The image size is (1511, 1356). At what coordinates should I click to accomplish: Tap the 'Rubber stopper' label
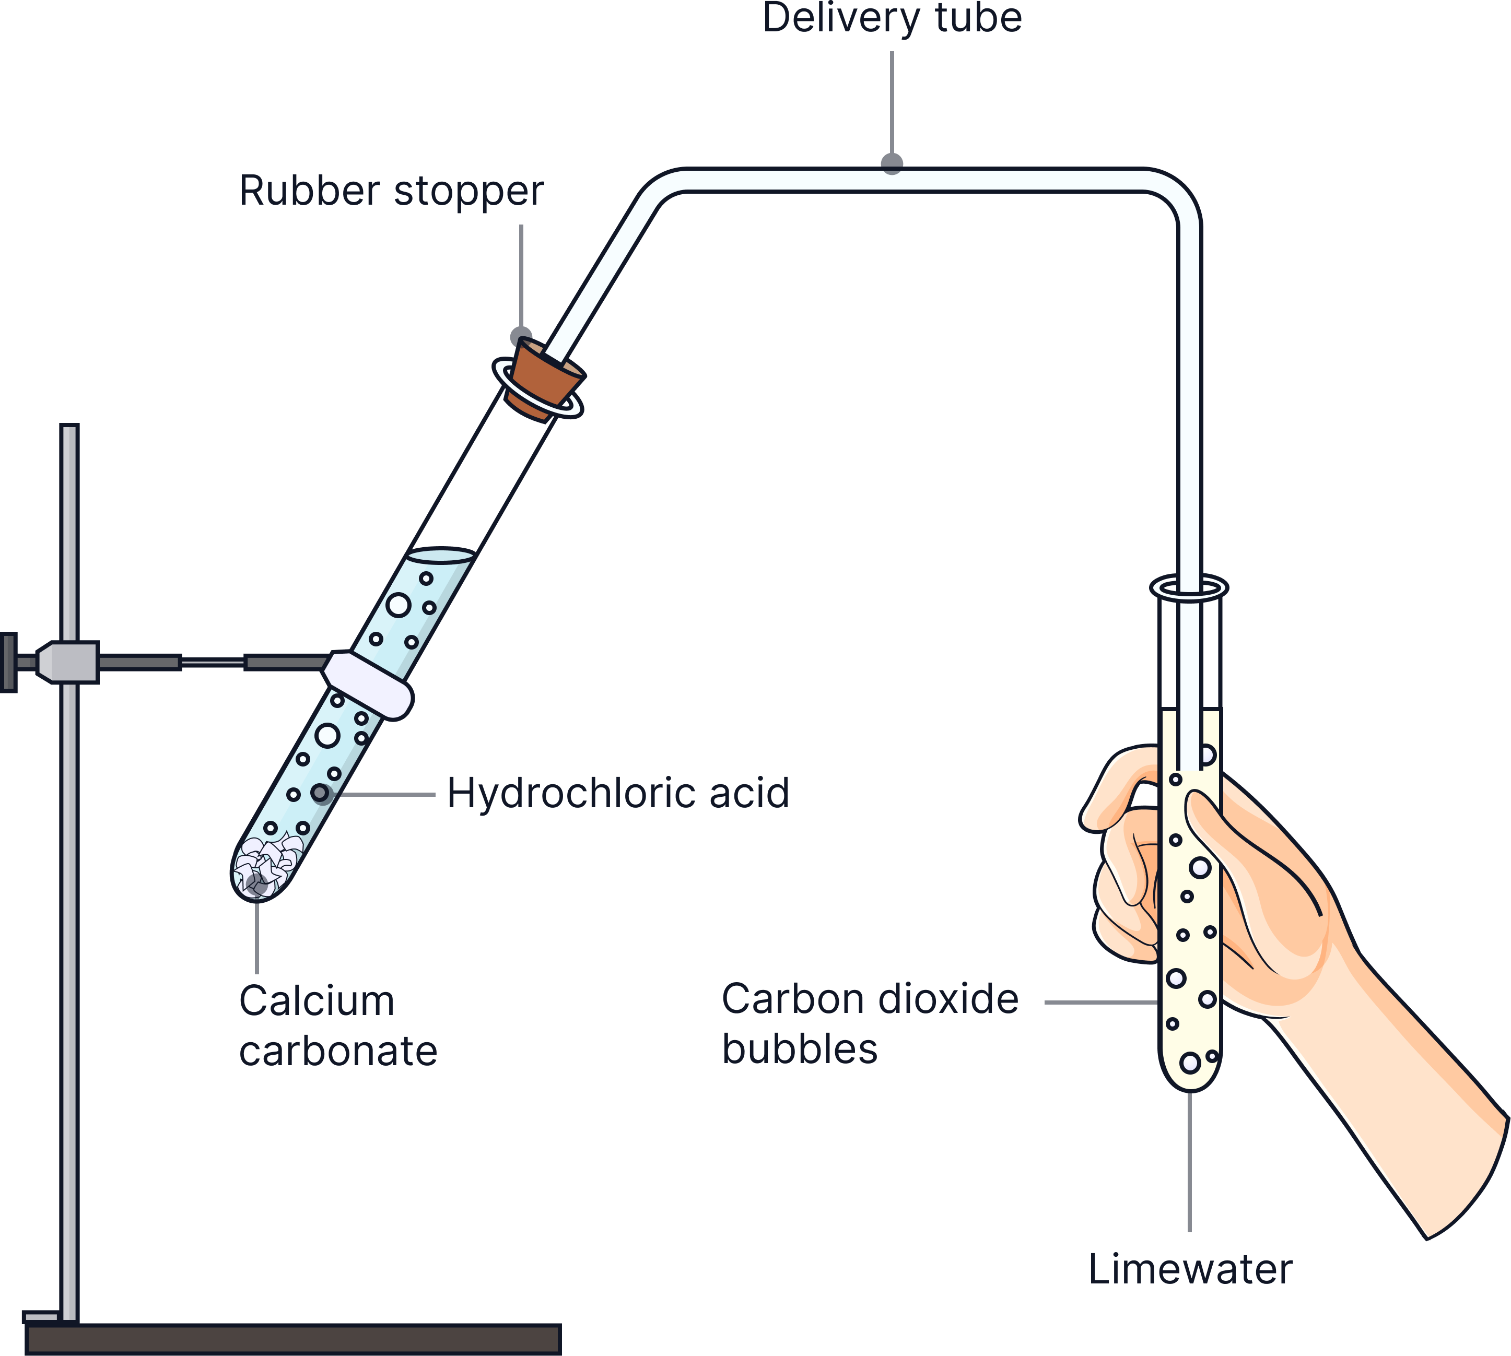[391, 192]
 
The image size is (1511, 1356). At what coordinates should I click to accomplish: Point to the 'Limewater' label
[1190, 1269]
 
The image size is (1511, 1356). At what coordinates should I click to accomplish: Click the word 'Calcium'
[316, 1000]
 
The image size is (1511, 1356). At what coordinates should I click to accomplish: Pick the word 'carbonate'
[338, 1051]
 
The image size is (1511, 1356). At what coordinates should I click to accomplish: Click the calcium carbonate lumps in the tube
[266, 864]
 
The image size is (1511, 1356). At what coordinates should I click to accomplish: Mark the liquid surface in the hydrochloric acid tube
[441, 553]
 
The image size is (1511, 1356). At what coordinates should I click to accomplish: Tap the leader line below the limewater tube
[1190, 1162]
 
